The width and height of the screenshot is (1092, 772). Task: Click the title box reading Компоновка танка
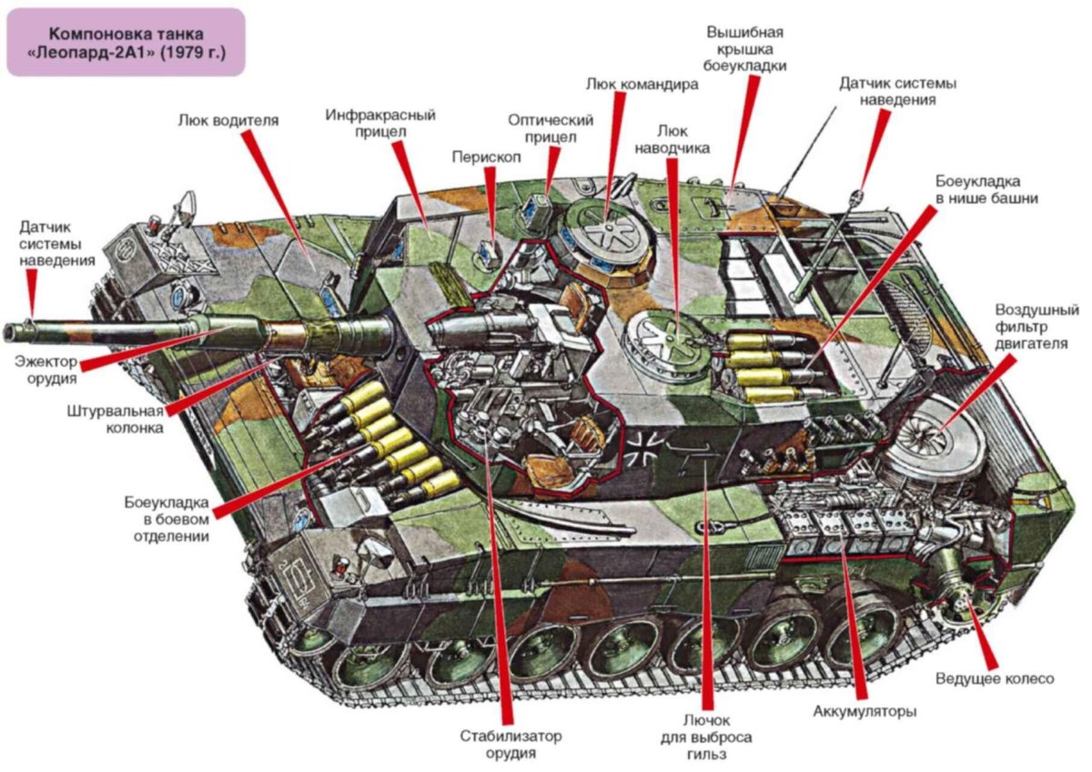coord(126,42)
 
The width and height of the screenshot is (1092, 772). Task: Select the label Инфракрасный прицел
coord(380,125)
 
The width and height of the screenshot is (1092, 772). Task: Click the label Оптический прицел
coord(551,129)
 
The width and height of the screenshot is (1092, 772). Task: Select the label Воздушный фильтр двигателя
coord(1036,326)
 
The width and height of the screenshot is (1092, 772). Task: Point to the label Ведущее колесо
coord(994,679)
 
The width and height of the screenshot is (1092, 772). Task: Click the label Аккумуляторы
coord(864,711)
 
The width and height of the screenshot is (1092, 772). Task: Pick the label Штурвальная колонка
coord(115,418)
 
